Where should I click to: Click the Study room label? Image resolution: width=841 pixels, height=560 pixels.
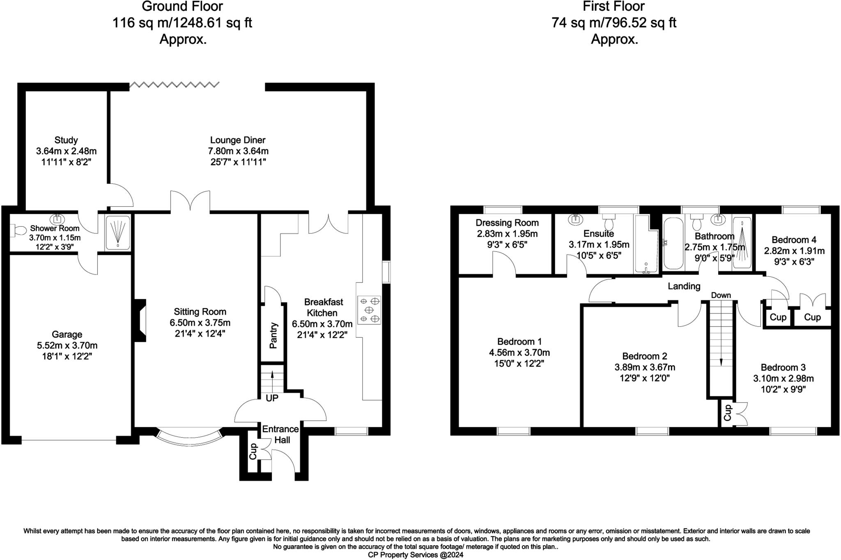click(x=66, y=140)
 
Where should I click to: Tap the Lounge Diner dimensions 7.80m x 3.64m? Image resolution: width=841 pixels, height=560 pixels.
click(x=238, y=151)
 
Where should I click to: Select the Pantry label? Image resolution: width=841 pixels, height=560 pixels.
click(x=273, y=335)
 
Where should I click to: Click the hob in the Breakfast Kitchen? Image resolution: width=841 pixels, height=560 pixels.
click(x=369, y=310)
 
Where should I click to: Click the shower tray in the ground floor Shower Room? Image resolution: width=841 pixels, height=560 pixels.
click(x=118, y=233)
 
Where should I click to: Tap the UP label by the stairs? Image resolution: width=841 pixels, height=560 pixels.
click(x=272, y=398)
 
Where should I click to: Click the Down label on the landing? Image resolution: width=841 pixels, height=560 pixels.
click(x=721, y=295)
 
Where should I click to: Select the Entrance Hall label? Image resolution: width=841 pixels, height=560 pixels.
click(x=281, y=434)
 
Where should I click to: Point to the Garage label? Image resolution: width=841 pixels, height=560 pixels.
click(x=67, y=334)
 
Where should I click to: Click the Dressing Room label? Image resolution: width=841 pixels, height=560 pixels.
click(x=507, y=223)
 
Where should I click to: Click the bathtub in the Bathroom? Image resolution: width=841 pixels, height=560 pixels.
click(x=673, y=244)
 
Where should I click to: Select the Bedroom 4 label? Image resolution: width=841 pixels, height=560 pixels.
click(x=794, y=240)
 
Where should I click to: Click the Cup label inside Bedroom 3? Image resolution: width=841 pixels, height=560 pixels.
click(x=727, y=413)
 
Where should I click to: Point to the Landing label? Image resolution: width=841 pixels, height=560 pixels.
click(x=684, y=286)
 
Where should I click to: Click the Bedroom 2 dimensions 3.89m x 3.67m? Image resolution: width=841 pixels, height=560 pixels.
click(x=645, y=367)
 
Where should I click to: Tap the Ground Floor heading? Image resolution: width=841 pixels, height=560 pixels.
click(x=182, y=6)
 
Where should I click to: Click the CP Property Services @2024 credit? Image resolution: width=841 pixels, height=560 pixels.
click(x=416, y=555)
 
